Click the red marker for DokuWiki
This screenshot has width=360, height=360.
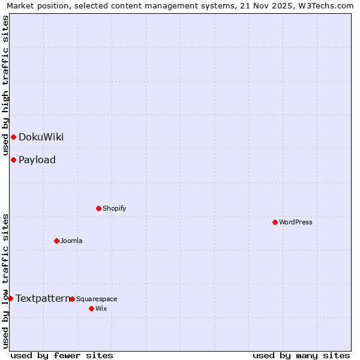(13, 137)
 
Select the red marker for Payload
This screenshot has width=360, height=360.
(13, 160)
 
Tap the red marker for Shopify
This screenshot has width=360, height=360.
(98, 208)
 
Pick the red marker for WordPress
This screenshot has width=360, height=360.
(275, 222)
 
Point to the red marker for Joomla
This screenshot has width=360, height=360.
(56, 241)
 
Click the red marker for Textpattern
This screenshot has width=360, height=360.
(10, 298)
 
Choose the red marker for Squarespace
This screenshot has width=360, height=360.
(72, 299)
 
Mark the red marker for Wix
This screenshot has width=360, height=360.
(91, 308)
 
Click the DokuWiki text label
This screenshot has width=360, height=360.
(41, 137)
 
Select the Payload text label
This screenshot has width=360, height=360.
(37, 160)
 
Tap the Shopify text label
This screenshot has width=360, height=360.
(114, 208)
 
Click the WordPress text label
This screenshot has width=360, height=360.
(296, 222)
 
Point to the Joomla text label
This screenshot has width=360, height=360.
(71, 241)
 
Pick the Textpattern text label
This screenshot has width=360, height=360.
(42, 298)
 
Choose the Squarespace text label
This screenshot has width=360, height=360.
(97, 299)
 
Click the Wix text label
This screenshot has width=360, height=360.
(101, 308)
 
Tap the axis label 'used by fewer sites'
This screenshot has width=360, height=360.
(62, 355)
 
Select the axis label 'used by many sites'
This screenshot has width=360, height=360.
(301, 355)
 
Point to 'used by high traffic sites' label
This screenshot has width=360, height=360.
(6, 85)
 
